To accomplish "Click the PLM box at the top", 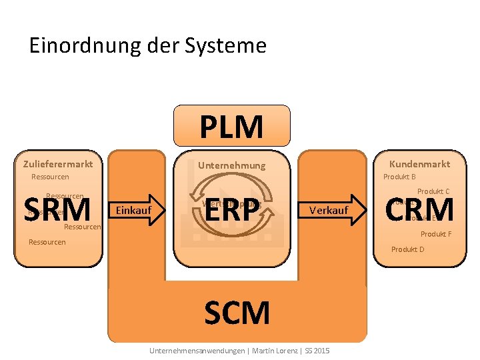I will (x=231, y=125).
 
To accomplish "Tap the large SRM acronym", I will (x=57, y=210).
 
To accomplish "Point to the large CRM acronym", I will (x=420, y=209).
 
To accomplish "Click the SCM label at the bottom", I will (x=237, y=313).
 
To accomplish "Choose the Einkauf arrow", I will (x=137, y=211).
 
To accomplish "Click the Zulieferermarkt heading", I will (x=58, y=164).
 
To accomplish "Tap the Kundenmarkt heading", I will (x=419, y=164).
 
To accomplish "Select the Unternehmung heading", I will (x=231, y=165).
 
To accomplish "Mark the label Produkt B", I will (x=399, y=177).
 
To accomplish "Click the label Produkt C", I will (x=433, y=191).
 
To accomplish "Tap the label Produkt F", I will (x=436, y=234).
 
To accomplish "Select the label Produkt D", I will (x=407, y=249).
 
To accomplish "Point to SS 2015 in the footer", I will (x=318, y=350).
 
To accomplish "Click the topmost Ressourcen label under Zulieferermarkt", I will (x=50, y=177).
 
